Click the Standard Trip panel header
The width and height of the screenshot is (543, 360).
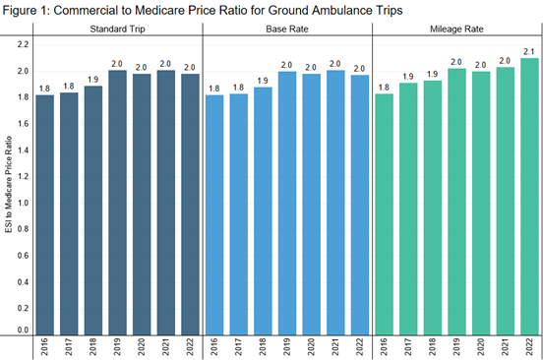pos(115,29)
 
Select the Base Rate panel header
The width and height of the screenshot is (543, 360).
pos(287,29)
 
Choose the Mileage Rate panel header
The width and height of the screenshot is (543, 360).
pos(456,29)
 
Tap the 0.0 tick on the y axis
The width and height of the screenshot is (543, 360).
pos(23,330)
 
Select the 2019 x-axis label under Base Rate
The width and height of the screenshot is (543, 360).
pos(286,347)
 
